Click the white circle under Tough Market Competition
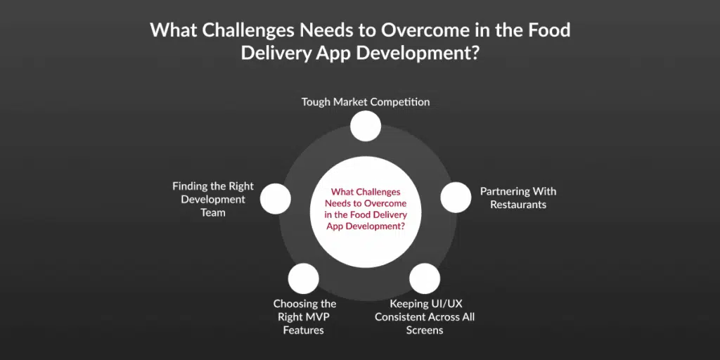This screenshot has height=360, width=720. [366, 126]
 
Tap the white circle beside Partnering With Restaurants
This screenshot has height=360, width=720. [456, 198]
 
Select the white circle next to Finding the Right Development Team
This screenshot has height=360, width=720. [276, 198]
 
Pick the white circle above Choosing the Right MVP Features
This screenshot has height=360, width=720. [304, 278]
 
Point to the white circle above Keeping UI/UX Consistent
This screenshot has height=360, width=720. [425, 278]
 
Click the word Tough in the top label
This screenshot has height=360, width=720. [316, 102]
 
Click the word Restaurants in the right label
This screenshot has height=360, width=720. [518, 205]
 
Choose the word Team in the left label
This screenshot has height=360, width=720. [213, 213]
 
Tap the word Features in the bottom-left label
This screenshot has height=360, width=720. [304, 330]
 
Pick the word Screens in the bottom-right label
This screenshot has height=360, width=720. [425, 330]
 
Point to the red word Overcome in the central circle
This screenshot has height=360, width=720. [387, 203]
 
